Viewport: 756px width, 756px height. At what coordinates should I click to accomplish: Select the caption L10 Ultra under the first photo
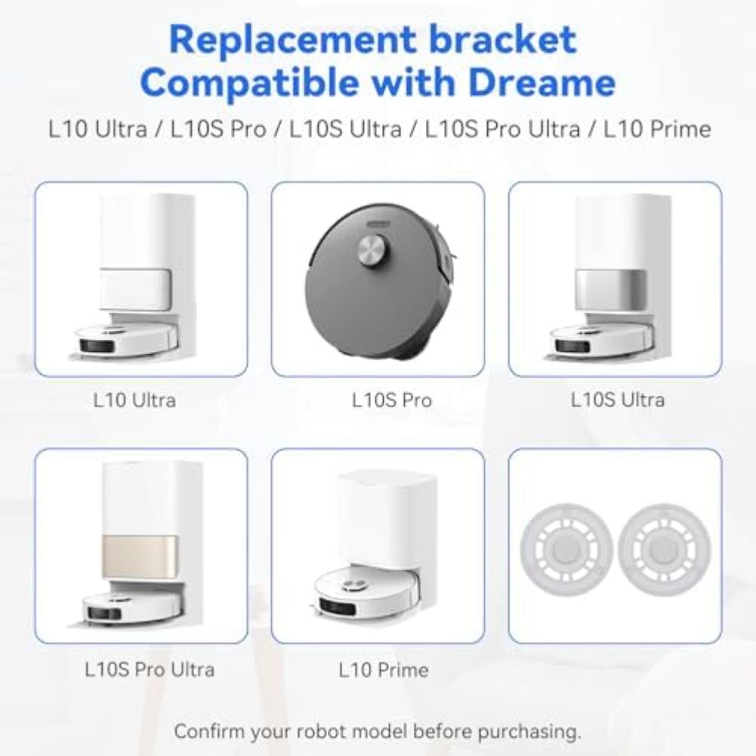pyautogui.click(x=134, y=400)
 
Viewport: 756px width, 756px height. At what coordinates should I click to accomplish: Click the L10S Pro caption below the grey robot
pyautogui.click(x=392, y=400)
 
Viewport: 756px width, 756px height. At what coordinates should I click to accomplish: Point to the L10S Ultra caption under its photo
pyautogui.click(x=617, y=400)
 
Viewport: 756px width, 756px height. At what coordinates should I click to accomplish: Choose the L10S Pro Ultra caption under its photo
pyautogui.click(x=150, y=669)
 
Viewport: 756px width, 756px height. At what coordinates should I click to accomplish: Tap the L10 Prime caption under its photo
pyautogui.click(x=384, y=669)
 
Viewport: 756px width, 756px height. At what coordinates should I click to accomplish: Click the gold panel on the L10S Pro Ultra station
pyautogui.click(x=140, y=557)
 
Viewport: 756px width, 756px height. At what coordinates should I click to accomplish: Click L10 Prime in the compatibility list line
pyautogui.click(x=657, y=128)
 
